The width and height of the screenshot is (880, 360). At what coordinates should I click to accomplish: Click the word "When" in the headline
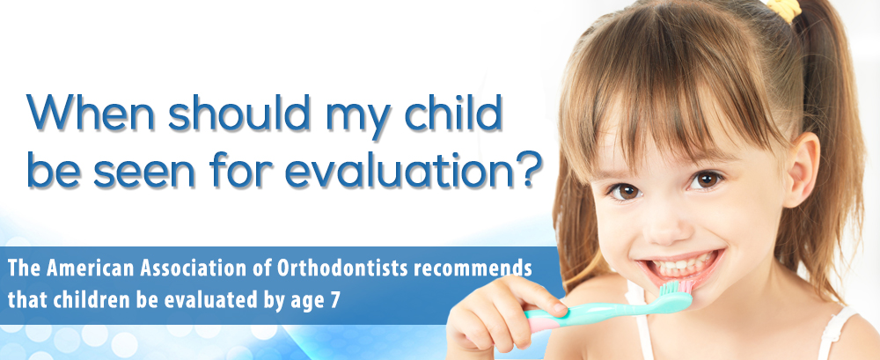click(x=91, y=112)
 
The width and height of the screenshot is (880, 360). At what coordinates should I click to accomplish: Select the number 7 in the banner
click(x=334, y=300)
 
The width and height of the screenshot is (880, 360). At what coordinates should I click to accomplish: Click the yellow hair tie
click(x=785, y=9)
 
